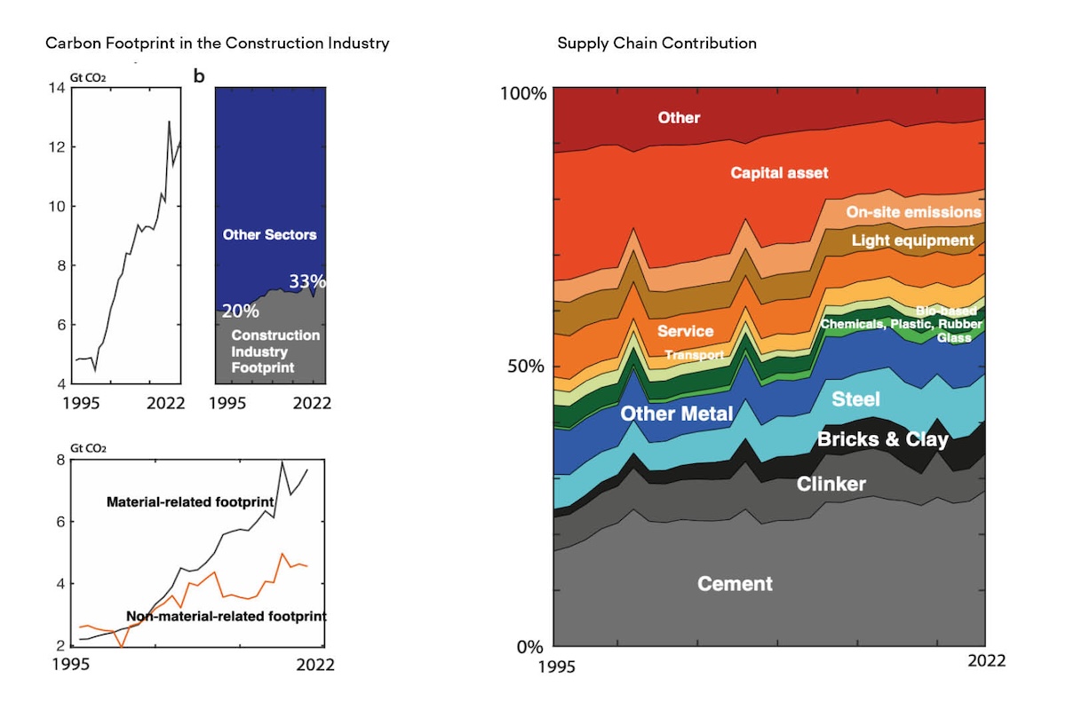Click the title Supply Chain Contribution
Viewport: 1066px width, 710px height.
(x=656, y=43)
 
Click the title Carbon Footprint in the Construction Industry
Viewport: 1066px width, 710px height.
(x=217, y=43)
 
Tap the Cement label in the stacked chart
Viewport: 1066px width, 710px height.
(x=735, y=584)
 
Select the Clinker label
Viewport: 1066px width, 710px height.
(x=831, y=484)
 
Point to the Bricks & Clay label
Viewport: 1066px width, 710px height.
(x=882, y=439)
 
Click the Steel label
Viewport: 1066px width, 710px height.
(x=855, y=399)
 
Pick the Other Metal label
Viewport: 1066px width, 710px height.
(x=676, y=414)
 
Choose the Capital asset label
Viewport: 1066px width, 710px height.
(x=779, y=173)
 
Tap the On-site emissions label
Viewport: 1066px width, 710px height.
(x=913, y=212)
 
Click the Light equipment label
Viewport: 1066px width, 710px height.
(x=912, y=241)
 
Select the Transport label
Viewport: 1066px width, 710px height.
(x=695, y=355)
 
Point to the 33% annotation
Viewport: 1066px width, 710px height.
(x=306, y=281)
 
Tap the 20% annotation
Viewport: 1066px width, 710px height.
(x=240, y=311)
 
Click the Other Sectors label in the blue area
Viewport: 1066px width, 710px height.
(x=269, y=235)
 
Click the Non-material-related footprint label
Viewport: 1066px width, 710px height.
(x=227, y=616)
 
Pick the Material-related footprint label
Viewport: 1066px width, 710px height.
(x=189, y=502)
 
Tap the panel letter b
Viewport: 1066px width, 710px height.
(x=199, y=76)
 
